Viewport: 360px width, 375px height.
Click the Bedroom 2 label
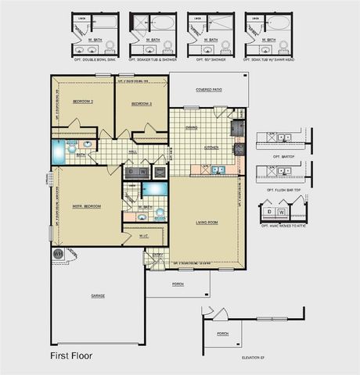(83, 102)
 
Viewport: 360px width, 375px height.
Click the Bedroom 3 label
(141, 103)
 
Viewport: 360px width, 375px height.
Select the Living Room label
(207, 223)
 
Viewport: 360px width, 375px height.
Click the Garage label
(97, 295)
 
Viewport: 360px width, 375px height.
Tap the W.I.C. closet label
(144, 235)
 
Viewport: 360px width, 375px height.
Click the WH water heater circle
(57, 254)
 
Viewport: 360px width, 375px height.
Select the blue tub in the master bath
(155, 188)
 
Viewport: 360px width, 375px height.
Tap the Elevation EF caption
(254, 357)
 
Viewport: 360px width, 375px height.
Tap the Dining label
(191, 127)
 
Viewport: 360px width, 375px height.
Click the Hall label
(133, 152)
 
